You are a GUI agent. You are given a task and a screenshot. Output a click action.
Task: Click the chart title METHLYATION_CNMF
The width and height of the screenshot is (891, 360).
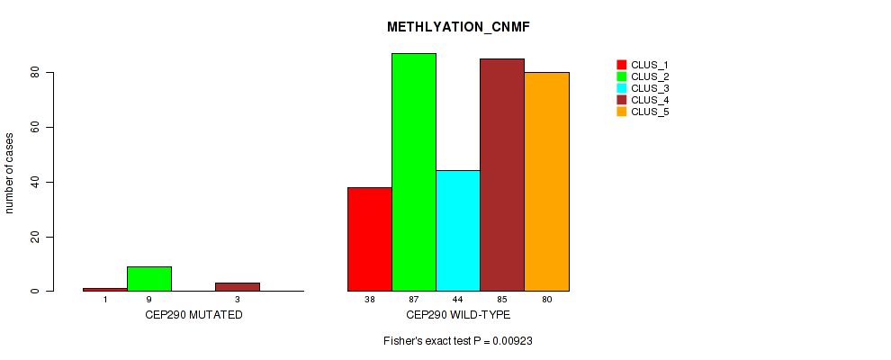[458, 27]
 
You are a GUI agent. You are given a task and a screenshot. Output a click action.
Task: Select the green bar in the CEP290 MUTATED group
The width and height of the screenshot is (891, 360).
[149, 279]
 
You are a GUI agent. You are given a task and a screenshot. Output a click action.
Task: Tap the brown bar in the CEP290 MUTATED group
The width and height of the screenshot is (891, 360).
[238, 287]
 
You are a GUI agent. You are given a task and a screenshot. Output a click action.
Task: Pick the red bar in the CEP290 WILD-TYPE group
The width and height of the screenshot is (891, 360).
[370, 239]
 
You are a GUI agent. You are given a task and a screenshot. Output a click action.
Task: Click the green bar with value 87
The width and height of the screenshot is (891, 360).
[414, 172]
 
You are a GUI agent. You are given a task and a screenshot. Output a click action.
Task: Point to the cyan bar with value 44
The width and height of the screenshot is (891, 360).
[458, 231]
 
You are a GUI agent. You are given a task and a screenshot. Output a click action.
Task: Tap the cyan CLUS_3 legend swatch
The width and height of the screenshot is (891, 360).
[621, 88]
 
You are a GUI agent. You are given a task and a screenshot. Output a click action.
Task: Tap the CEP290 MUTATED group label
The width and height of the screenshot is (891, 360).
[193, 315]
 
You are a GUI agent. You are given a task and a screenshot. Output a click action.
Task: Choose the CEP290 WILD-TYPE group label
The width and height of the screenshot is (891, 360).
[458, 315]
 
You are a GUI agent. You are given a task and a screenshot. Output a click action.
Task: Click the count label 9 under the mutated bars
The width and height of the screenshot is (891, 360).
[149, 299]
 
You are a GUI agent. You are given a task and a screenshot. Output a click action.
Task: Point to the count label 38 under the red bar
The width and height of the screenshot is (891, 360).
[370, 299]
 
